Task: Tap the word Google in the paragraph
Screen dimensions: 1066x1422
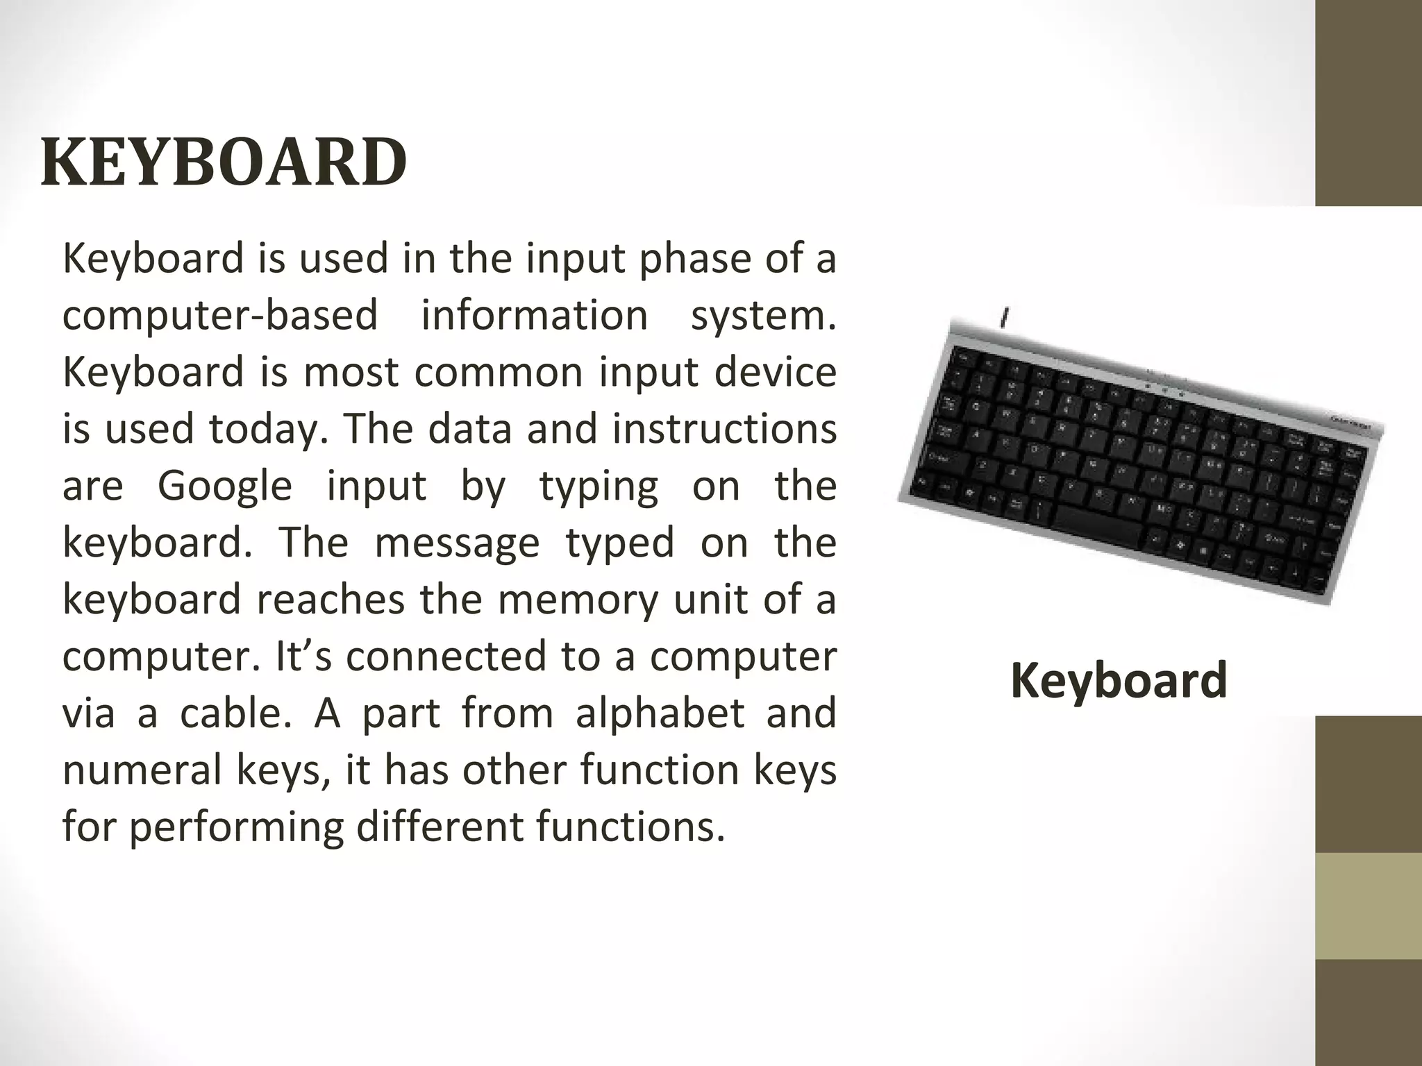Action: pyautogui.click(x=225, y=485)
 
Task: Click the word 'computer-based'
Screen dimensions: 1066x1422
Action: pyautogui.click(x=220, y=315)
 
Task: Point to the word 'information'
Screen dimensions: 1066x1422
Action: pyautogui.click(x=534, y=315)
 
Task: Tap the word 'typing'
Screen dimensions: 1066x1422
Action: pyautogui.click(x=599, y=485)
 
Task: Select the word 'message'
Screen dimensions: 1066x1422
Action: pyautogui.click(x=457, y=542)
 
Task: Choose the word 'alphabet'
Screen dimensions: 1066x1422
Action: pyautogui.click(x=660, y=713)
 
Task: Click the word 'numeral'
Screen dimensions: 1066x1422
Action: pyautogui.click(x=141, y=770)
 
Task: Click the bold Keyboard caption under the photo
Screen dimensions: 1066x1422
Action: pyautogui.click(x=1119, y=681)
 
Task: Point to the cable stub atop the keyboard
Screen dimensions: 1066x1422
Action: pyautogui.click(x=1005, y=319)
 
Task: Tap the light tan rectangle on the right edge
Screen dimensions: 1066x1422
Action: pyautogui.click(x=1369, y=906)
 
